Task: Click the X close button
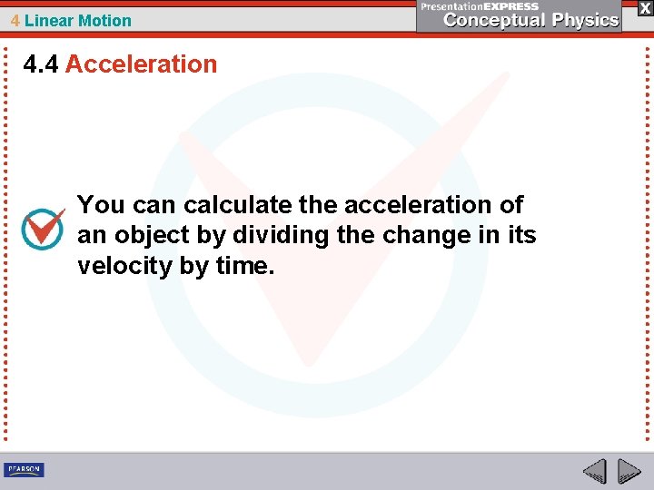[x=645, y=7]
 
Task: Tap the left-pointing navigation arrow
[x=594, y=471]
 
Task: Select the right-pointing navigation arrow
[x=629, y=471]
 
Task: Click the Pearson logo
[x=24, y=469]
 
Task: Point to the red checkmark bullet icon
[x=43, y=228]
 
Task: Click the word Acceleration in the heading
[x=141, y=64]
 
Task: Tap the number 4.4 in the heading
[x=41, y=64]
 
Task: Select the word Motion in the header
[x=105, y=21]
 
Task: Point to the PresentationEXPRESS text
[x=480, y=6]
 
